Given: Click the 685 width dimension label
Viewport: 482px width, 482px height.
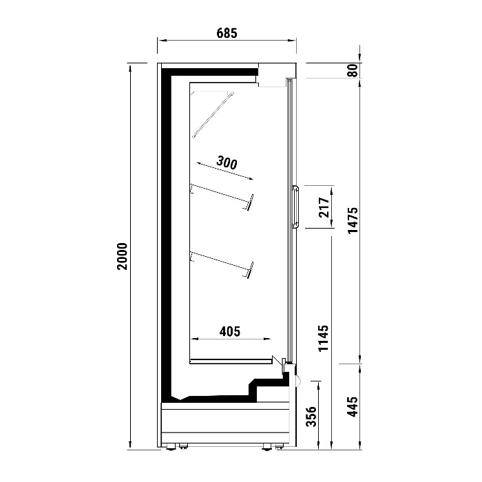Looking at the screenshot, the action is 227,33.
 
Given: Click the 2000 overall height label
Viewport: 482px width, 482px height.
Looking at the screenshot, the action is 123,256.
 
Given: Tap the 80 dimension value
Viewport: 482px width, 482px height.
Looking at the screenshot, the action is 353,70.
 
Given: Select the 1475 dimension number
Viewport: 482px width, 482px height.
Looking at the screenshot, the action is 353,220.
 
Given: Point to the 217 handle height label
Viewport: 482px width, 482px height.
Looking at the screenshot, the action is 324,207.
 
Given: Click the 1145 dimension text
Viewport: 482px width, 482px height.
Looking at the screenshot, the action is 324,338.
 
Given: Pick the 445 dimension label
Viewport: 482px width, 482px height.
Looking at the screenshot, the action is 353,406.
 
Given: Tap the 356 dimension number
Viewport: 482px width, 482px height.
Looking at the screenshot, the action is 312,417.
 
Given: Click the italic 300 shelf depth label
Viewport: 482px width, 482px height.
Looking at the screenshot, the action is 227,163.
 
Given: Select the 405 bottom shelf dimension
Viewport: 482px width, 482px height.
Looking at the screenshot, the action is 230,331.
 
